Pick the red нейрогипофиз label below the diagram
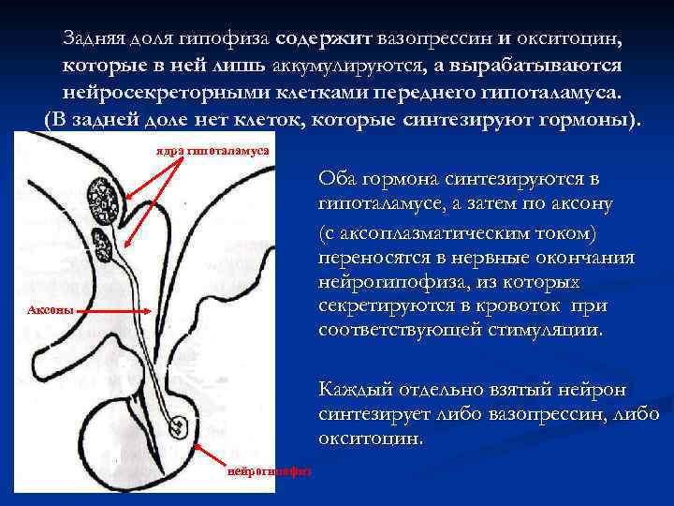click(x=270, y=470)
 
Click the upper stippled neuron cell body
click(x=101, y=197)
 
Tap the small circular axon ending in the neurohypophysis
click(x=178, y=427)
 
